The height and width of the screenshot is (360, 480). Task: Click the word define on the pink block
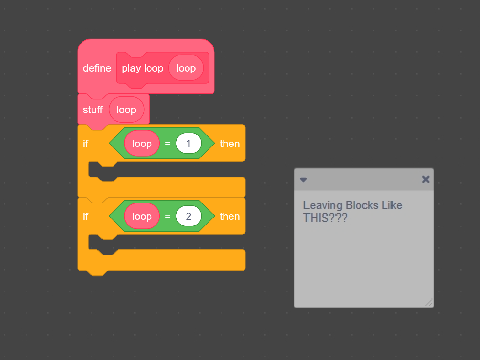(x=97, y=68)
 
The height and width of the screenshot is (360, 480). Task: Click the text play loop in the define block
(x=143, y=68)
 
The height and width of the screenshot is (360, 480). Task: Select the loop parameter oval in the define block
(x=186, y=68)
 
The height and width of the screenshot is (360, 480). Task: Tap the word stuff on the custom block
(x=93, y=109)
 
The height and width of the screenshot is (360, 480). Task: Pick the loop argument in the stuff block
(x=126, y=110)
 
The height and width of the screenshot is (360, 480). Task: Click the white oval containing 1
(x=188, y=143)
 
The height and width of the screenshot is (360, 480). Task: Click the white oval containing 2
(x=188, y=216)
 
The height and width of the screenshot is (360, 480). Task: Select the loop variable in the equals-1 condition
(x=142, y=143)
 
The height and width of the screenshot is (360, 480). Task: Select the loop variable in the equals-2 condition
(x=142, y=216)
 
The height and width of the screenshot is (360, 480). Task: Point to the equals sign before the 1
(x=167, y=144)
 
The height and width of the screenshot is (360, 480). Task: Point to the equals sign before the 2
(x=167, y=217)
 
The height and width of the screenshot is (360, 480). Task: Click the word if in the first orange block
(x=85, y=143)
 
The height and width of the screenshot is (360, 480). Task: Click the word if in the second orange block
(x=85, y=216)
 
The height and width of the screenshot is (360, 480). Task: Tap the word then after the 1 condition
(x=230, y=144)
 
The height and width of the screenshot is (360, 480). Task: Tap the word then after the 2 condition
(x=230, y=216)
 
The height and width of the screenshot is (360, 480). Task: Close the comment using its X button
(x=425, y=179)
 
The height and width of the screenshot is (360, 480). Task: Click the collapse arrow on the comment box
(x=303, y=180)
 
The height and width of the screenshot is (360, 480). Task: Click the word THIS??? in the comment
(x=325, y=218)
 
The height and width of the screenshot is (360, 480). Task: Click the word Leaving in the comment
(x=323, y=206)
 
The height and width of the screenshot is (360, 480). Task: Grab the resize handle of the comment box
(x=429, y=302)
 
